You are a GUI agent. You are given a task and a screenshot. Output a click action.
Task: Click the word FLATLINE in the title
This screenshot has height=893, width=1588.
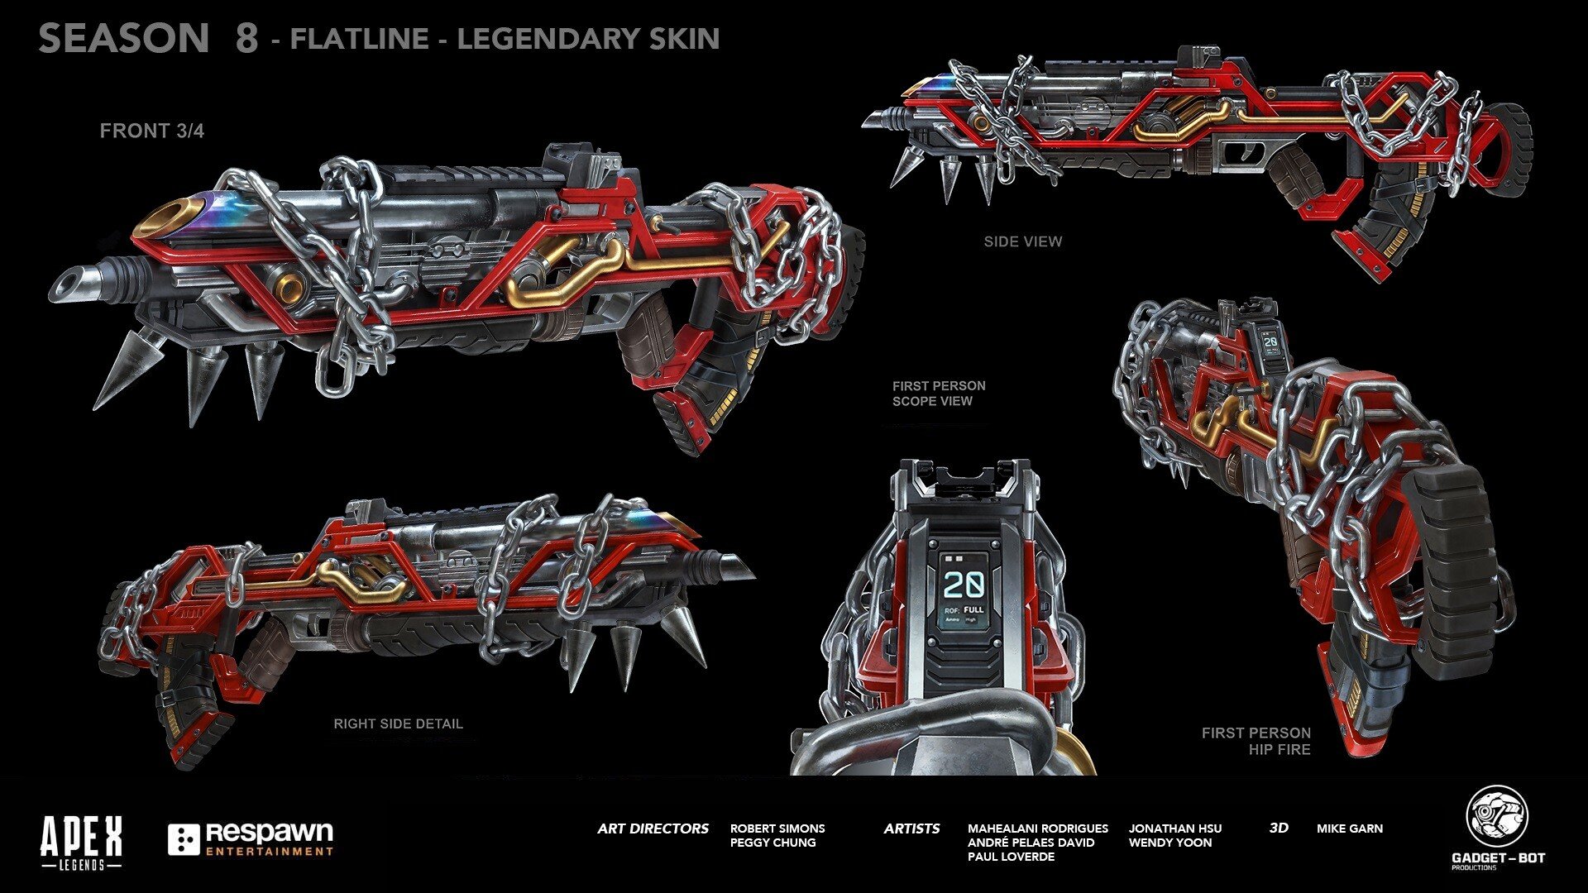coord(359,39)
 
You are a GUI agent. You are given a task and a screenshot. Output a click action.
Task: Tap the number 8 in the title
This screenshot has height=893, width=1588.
coord(246,39)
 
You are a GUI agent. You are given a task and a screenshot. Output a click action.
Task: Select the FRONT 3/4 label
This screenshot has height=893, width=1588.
coord(151,131)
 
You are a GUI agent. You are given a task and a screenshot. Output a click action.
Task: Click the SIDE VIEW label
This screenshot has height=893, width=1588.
coord(1022,241)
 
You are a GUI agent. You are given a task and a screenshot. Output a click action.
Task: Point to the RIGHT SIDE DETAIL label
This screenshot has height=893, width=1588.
coord(398,723)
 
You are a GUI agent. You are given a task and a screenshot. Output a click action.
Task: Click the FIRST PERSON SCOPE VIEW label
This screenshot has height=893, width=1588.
coord(938,394)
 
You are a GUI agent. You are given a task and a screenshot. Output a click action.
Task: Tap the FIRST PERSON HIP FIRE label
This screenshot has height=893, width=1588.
coord(1256,741)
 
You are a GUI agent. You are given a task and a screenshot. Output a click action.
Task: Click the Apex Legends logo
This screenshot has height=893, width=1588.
coord(81,842)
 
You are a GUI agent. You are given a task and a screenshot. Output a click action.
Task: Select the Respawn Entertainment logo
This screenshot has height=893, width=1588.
coord(251,838)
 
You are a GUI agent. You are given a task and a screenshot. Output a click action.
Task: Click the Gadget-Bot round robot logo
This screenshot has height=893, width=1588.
coord(1497,817)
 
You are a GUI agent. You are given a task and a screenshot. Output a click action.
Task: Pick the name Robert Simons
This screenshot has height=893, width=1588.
coord(777,829)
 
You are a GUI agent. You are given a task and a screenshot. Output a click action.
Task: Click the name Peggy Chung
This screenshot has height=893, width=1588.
coord(772,843)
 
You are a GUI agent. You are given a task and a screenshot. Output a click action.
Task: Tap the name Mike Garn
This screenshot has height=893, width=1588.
coord(1349,829)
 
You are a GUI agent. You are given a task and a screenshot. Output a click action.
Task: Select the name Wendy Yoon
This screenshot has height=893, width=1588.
coord(1169,843)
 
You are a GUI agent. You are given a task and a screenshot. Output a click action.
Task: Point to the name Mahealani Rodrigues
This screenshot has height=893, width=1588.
coord(1037,829)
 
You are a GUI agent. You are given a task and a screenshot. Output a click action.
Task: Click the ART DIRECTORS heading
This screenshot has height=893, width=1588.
coord(653,829)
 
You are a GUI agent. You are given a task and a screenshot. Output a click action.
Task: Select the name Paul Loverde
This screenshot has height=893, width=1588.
coord(1011,857)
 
